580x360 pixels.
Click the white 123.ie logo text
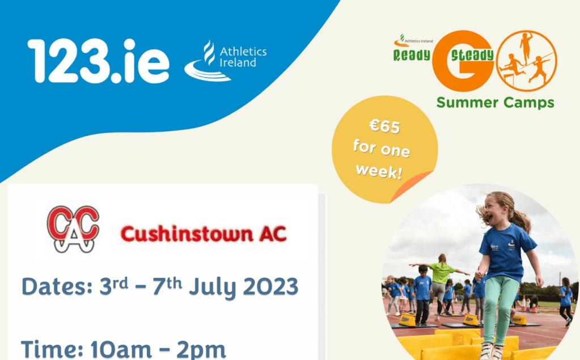(99, 61)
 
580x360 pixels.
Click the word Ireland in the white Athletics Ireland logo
(238, 62)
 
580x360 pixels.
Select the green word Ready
(412, 55)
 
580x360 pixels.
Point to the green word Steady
(472, 56)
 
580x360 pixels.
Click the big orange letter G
(463, 61)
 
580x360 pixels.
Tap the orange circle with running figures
(526, 61)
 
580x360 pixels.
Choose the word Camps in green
(528, 103)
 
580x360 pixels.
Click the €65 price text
(385, 126)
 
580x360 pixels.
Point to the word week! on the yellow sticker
(379, 171)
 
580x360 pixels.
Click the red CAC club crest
(73, 230)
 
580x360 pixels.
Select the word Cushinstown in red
(187, 234)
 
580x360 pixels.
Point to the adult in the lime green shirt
(439, 281)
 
